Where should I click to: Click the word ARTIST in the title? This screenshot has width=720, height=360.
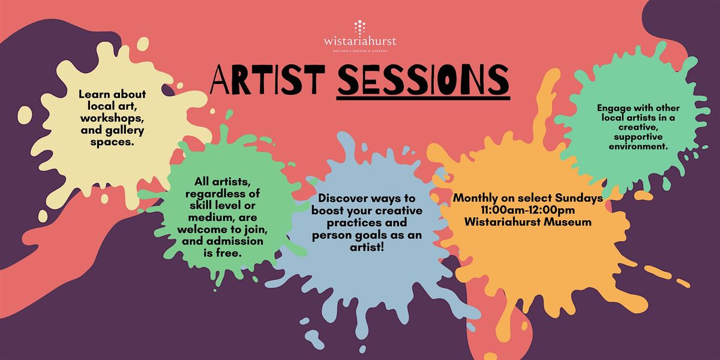pyautogui.click(x=268, y=79)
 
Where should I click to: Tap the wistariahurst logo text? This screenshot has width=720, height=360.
pyautogui.click(x=360, y=41)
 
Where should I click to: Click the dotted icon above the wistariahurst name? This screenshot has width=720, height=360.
pyautogui.click(x=360, y=27)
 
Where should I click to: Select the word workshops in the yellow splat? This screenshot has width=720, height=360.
pyautogui.click(x=112, y=119)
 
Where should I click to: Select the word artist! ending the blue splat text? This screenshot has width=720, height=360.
pyautogui.click(x=367, y=247)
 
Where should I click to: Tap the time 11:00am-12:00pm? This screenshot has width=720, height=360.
pyautogui.click(x=528, y=210)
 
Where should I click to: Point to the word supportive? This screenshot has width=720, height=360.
pyautogui.click(x=638, y=137)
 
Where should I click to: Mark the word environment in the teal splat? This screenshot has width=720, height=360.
pyautogui.click(x=637, y=146)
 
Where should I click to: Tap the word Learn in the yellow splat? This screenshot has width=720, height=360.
pyautogui.click(x=91, y=94)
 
